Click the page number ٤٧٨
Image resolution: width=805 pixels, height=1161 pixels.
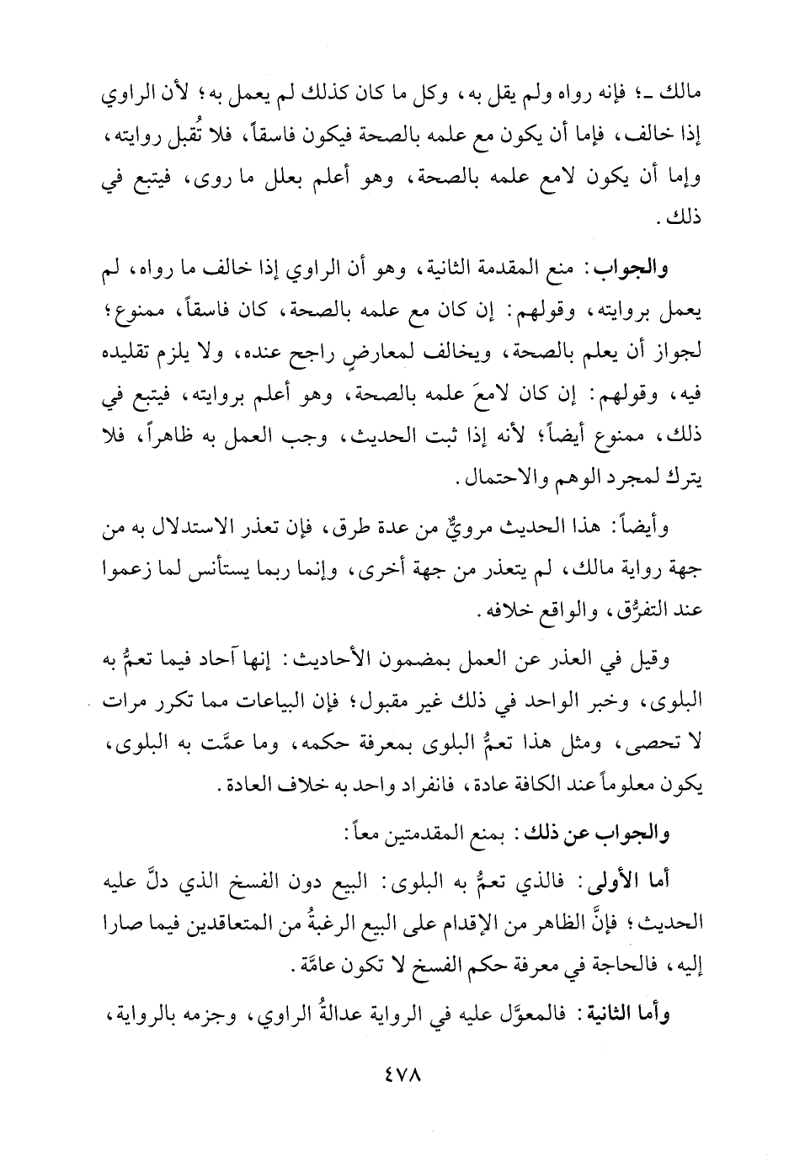pos(403,1100)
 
